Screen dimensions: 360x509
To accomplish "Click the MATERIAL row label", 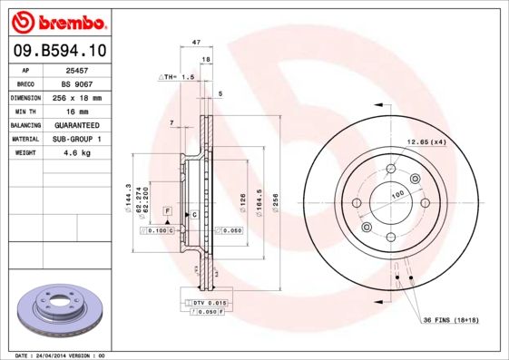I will pos(24,140).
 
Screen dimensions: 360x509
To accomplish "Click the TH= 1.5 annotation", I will pos(179,78).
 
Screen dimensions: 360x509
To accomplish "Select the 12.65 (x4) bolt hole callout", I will pos(426,141).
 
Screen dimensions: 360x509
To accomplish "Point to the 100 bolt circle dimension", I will pos(397,194).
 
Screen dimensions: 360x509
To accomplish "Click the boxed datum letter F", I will pos(167,210).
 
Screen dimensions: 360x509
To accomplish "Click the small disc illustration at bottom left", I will pos(58,310).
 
